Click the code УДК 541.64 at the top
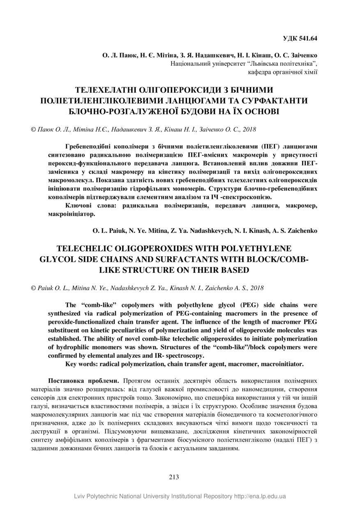pyautogui.click(x=300, y=39)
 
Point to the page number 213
pyautogui.click(x=174, y=477)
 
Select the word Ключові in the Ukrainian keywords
pyautogui.click(x=80, y=206)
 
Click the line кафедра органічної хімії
pyautogui.click(x=283, y=72)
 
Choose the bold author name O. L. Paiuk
pyautogui.click(x=108, y=231)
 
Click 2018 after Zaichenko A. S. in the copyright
pyautogui.click(x=257, y=288)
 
